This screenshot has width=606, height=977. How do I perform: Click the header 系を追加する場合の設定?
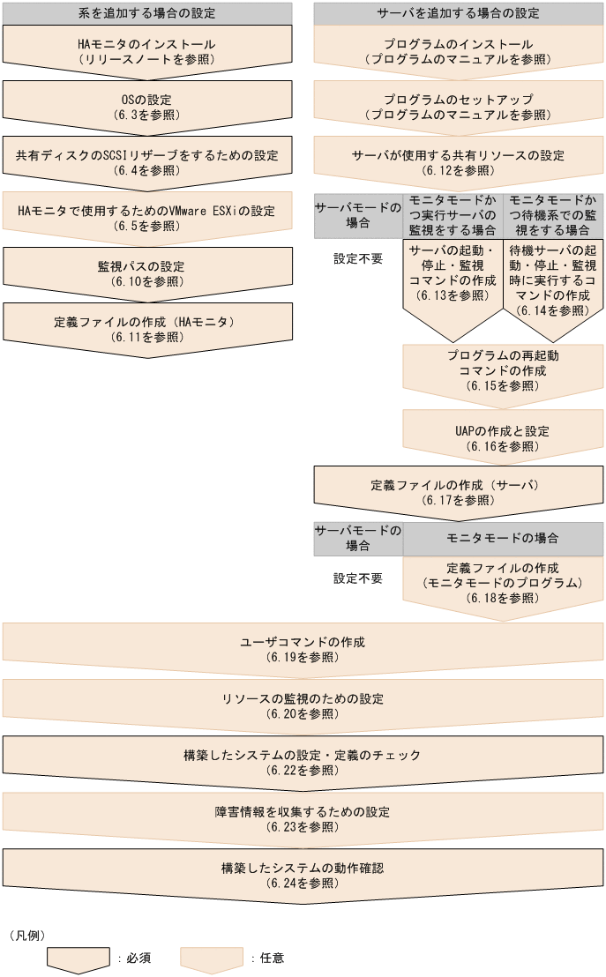click(x=146, y=13)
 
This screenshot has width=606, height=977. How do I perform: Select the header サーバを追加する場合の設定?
click(x=459, y=13)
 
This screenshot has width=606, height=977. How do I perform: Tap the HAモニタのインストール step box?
click(x=146, y=51)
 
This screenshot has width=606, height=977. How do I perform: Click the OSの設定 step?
click(x=146, y=107)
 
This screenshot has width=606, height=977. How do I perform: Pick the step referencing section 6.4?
click(x=146, y=162)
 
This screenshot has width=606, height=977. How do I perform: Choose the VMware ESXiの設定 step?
click(x=146, y=218)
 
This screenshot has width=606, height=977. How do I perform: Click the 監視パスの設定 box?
click(x=146, y=273)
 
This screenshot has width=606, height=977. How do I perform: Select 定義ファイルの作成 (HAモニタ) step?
click(x=146, y=329)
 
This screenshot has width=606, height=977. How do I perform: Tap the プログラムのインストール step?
click(x=459, y=51)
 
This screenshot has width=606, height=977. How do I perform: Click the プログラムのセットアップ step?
click(x=459, y=107)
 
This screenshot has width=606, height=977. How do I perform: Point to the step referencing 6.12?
click(x=459, y=162)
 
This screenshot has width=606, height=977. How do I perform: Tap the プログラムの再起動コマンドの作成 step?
click(x=503, y=370)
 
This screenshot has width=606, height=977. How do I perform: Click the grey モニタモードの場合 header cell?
click(x=503, y=538)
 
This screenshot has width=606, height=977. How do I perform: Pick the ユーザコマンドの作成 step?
click(x=303, y=648)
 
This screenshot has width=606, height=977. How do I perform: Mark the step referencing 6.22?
click(x=303, y=762)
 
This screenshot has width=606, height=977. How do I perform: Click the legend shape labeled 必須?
click(x=78, y=959)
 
